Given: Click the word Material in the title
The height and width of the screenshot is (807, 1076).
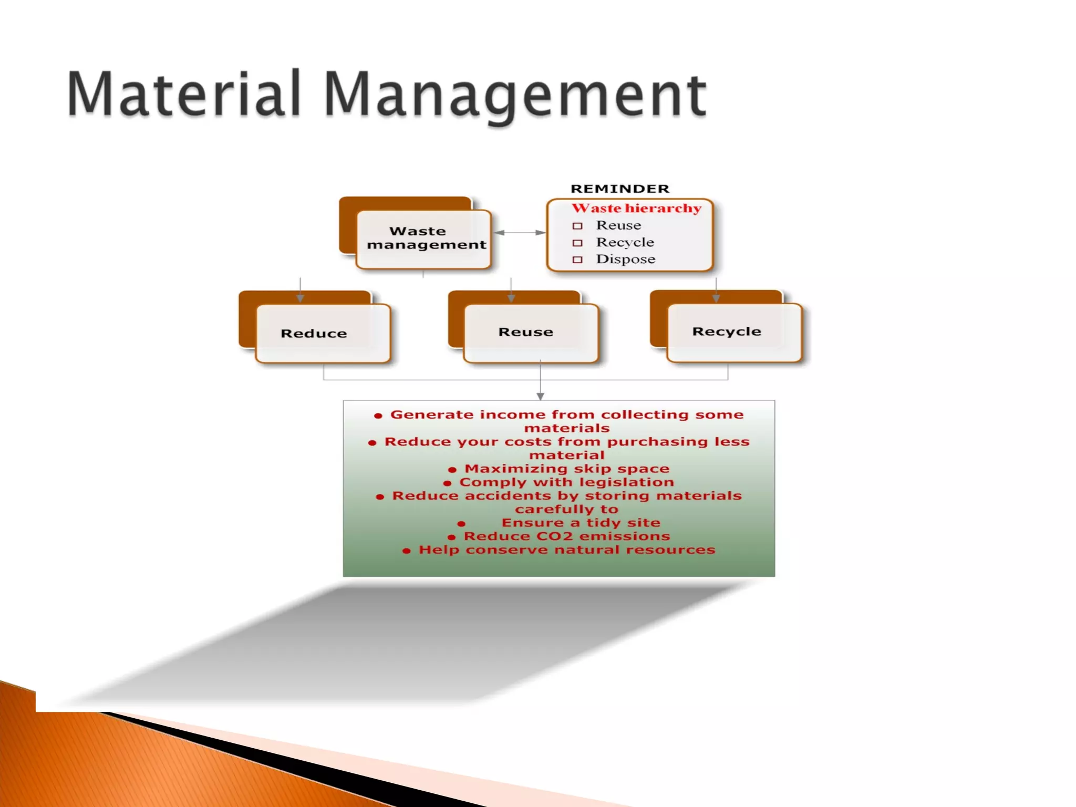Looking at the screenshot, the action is [183, 95].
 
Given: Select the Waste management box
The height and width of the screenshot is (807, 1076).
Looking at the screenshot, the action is [423, 239].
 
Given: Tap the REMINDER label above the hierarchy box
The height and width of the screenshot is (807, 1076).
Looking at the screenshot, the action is [619, 189].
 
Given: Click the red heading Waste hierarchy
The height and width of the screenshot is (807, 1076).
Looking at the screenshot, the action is [636, 208].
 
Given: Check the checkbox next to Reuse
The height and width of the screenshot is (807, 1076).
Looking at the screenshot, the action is [577, 226].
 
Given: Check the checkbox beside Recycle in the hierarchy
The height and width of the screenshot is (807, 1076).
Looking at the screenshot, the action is [577, 243].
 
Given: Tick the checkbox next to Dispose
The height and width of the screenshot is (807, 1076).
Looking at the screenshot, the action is [577, 260].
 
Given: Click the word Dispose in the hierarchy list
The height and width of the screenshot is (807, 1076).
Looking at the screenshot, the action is [625, 259].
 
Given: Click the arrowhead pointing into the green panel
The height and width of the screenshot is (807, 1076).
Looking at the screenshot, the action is [540, 396].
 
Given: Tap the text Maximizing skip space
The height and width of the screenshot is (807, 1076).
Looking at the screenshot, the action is [566, 469].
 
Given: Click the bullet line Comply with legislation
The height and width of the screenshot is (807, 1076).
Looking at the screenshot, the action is [566, 482].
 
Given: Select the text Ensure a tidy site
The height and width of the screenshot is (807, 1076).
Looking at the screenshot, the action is [581, 523].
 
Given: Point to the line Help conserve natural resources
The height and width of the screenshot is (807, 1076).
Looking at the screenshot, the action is [566, 550].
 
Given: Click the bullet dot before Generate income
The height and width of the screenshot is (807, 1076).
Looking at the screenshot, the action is [378, 416].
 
